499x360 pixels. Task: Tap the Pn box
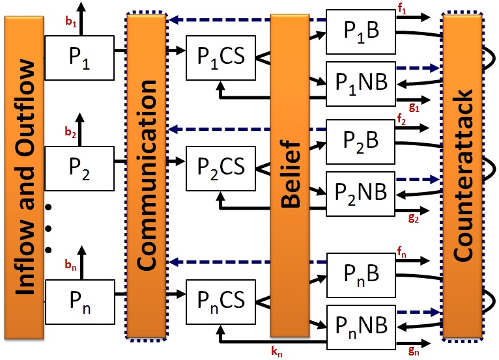(79, 300)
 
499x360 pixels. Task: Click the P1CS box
(221, 55)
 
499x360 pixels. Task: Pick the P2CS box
(221, 166)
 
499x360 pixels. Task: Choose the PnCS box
(221, 300)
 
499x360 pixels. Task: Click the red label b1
(71, 21)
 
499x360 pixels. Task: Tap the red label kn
(278, 351)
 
